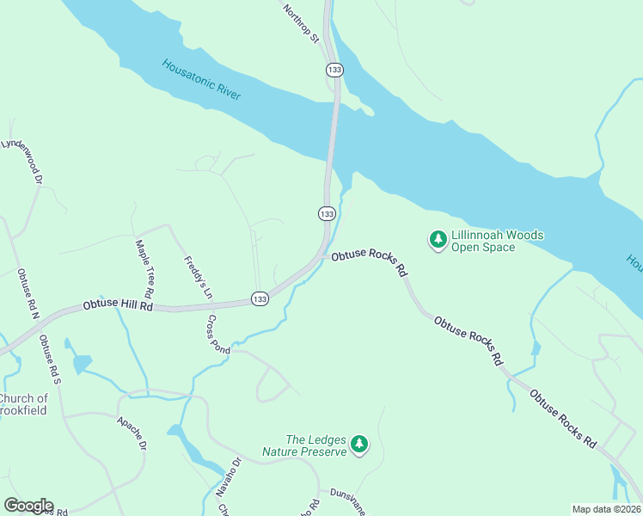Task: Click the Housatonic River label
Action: click(202, 79)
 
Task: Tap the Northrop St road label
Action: click(302, 23)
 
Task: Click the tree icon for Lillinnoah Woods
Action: click(438, 238)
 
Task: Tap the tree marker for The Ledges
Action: click(359, 444)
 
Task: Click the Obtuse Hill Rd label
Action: click(118, 305)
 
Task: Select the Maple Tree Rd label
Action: click(144, 264)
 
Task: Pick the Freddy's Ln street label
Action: click(197, 277)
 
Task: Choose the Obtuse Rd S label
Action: click(49, 359)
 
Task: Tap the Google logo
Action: click(28, 506)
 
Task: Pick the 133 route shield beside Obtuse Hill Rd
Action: click(260, 298)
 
